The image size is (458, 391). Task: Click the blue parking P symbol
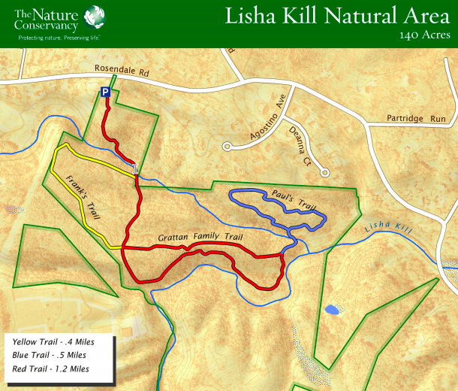[106, 92]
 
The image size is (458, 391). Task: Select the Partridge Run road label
[416, 119]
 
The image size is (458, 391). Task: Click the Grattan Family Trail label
[200, 238]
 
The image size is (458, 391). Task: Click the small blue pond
[330, 309]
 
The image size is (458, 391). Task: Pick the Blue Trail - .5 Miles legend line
[50, 356]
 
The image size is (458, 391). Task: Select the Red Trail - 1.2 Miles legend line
[51, 369]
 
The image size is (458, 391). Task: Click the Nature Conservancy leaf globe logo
[95, 16]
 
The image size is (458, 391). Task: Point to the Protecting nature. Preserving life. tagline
[59, 37]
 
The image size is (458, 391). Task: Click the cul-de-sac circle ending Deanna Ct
[325, 172]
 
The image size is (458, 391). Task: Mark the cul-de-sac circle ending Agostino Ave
[227, 146]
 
